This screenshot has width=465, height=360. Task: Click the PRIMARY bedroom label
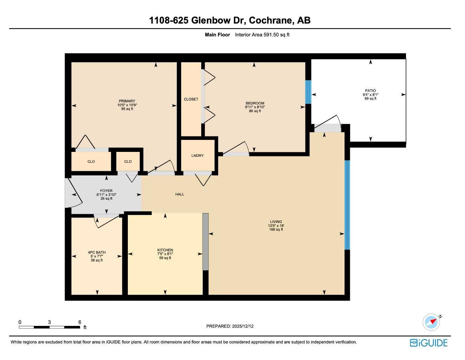[x=127, y=101]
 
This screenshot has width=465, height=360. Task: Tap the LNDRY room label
[x=197, y=156]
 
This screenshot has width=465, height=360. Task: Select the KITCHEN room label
[x=165, y=250]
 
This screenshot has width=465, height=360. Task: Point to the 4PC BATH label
[x=97, y=252]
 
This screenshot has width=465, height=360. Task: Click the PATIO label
[x=370, y=91]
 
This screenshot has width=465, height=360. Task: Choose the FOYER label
[x=106, y=191]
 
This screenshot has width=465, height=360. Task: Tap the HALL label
[x=180, y=194]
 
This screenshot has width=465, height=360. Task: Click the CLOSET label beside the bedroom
[x=191, y=99]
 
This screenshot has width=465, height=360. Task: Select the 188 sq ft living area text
[x=276, y=230]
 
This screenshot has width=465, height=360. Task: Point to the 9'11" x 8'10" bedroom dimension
[x=255, y=107]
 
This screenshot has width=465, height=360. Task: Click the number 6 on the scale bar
[x=80, y=322]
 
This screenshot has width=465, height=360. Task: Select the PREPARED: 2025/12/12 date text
[x=230, y=326]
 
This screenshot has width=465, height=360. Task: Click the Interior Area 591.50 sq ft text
[x=262, y=35]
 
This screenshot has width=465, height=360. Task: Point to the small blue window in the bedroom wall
[x=308, y=92]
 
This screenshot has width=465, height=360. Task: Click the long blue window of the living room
[x=347, y=205]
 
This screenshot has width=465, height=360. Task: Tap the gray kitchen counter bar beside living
[x=205, y=242]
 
